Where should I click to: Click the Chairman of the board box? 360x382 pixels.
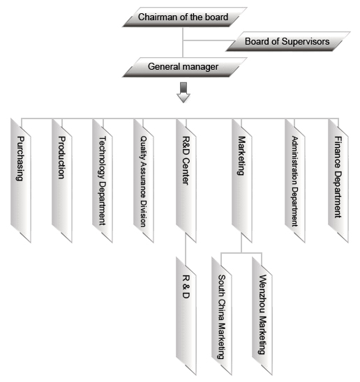185,17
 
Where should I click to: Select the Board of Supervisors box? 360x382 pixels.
288,41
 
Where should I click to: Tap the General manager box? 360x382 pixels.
185,67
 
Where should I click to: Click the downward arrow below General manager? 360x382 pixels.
183,93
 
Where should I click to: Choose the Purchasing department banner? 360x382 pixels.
21,181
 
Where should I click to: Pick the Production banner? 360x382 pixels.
62,181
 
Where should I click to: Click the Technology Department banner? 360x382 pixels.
103,181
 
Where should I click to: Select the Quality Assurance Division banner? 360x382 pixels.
144,181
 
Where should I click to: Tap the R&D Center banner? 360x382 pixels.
186,181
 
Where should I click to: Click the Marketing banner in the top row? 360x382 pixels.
241,181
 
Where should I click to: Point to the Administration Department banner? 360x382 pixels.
295,181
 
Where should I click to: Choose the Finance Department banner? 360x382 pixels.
338,181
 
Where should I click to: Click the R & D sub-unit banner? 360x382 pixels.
186,316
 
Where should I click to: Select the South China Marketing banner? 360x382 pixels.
222,316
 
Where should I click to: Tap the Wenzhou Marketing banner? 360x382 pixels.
262,316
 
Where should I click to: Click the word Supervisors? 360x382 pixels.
306,41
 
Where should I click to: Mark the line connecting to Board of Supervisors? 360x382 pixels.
207,40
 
